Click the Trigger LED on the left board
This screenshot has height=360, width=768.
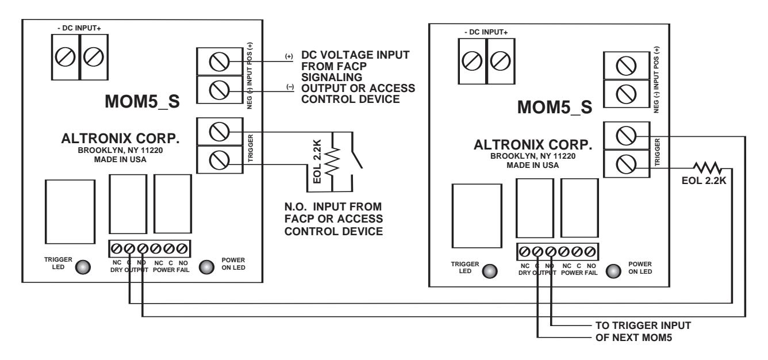[x=83, y=267]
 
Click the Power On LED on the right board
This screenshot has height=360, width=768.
[x=613, y=271]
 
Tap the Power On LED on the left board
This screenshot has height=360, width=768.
[x=206, y=267]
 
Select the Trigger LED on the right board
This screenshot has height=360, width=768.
[x=490, y=271]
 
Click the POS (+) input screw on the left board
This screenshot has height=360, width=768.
[x=219, y=62]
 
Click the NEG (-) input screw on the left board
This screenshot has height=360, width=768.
[x=219, y=90]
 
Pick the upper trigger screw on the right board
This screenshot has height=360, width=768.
[x=626, y=136]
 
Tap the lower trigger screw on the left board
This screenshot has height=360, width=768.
[x=219, y=160]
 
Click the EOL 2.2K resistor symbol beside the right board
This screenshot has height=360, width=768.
[x=708, y=168]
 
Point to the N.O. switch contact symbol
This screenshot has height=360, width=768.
[x=356, y=151]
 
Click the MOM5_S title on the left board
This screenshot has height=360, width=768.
[x=143, y=101]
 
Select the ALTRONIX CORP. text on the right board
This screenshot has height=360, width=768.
[x=533, y=145]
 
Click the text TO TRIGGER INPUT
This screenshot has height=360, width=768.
[x=643, y=325]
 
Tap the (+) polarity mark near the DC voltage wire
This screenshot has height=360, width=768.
[x=289, y=56]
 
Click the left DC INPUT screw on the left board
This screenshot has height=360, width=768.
[x=65, y=57]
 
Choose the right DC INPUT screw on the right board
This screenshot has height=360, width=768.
[x=500, y=61]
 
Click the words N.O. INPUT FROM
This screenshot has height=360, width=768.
[x=333, y=206]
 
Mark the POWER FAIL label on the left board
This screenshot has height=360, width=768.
[x=171, y=270]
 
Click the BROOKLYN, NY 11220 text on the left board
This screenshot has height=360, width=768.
[x=120, y=150]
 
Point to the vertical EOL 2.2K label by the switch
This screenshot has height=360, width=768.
[x=317, y=162]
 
